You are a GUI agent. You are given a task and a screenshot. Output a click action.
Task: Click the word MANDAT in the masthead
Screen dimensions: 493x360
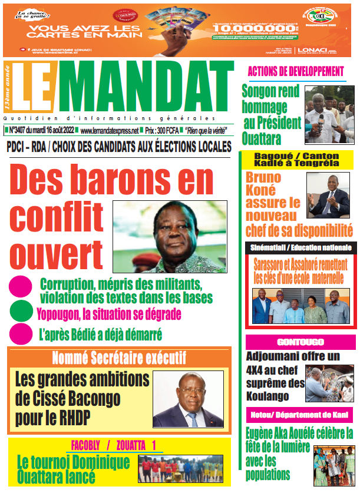(x=147, y=87)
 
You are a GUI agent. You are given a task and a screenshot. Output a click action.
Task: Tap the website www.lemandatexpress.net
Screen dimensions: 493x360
(x=109, y=130)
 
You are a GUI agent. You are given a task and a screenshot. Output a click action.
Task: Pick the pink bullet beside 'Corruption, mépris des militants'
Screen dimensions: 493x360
(x=21, y=287)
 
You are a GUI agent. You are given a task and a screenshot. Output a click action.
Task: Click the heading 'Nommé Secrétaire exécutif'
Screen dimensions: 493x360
(x=119, y=358)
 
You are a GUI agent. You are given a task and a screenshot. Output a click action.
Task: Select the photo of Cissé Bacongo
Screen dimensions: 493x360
(x=188, y=398)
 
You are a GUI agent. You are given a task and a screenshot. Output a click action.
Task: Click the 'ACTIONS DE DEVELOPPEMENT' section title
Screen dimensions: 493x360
(x=296, y=72)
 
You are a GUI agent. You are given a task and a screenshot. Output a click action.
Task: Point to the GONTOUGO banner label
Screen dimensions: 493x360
(x=300, y=342)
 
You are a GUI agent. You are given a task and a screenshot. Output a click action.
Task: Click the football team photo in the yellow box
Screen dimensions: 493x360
(x=180, y=468)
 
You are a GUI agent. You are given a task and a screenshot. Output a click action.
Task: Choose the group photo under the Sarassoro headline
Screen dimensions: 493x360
(x=300, y=306)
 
